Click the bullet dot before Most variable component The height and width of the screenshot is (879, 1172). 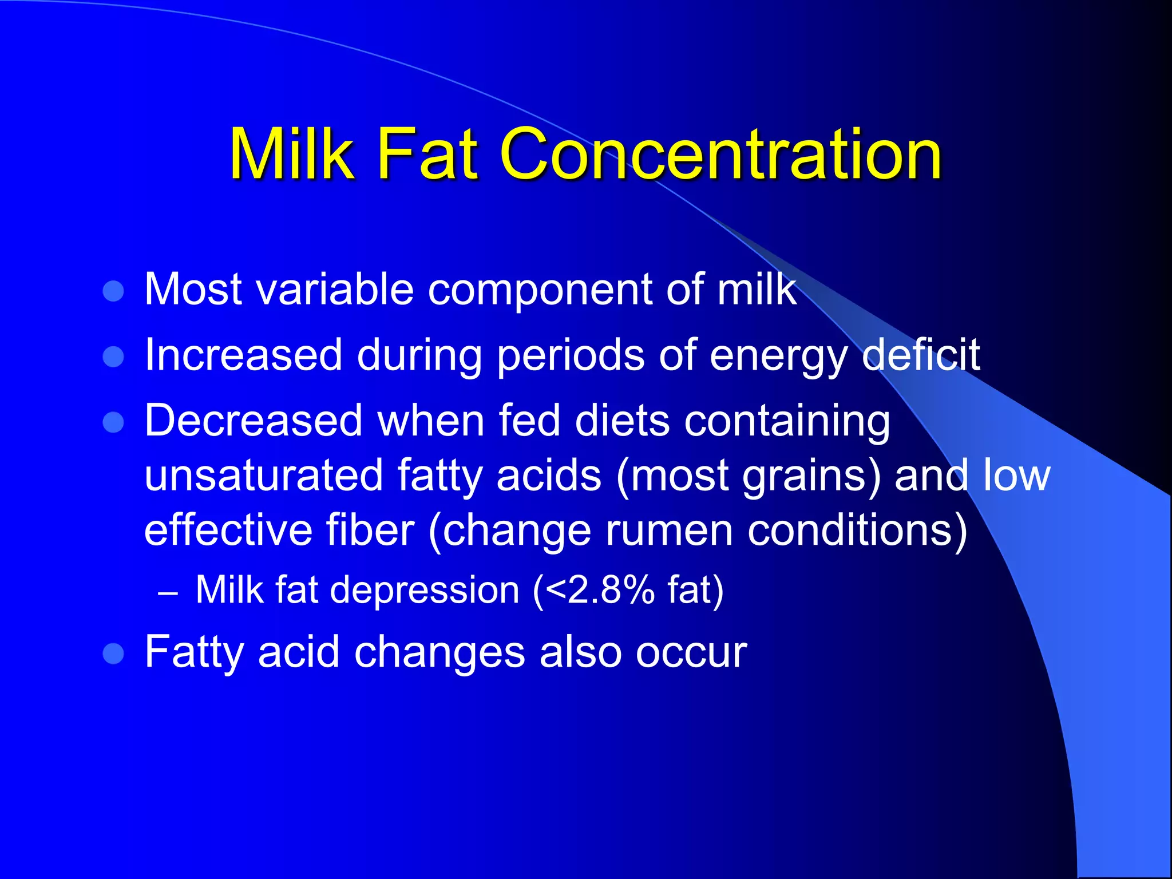[x=113, y=291]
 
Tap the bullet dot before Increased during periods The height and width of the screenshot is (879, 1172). [x=113, y=357]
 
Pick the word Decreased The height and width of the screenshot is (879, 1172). [x=254, y=421]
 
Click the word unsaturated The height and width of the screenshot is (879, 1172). [x=263, y=475]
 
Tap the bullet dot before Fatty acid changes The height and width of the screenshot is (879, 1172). [x=113, y=654]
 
